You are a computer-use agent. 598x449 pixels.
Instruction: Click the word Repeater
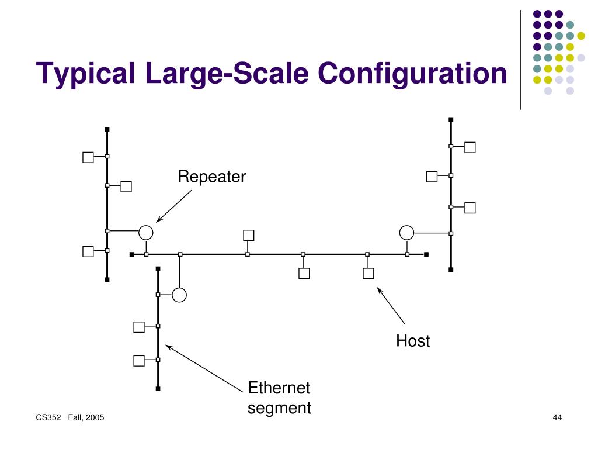click(x=212, y=177)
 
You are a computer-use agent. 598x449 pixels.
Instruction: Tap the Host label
click(x=413, y=341)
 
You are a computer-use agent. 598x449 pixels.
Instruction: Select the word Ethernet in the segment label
click(x=279, y=388)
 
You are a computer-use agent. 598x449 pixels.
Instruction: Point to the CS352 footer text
click(x=48, y=417)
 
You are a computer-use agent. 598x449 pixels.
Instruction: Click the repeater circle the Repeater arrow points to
click(x=146, y=233)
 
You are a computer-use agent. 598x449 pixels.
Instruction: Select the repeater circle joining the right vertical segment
click(x=406, y=233)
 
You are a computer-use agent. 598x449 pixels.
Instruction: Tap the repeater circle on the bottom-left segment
click(x=179, y=295)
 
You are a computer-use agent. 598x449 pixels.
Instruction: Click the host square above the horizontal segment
click(x=249, y=235)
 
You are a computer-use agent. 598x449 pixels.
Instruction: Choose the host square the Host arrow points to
click(x=368, y=273)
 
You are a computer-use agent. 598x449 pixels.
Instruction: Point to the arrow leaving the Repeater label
click(x=174, y=206)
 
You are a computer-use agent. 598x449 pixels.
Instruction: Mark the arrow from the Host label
click(x=391, y=305)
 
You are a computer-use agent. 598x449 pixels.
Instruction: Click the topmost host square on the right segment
click(x=470, y=147)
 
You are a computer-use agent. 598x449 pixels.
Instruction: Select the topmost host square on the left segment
click(x=88, y=157)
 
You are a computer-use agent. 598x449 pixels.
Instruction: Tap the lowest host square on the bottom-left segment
click(x=139, y=360)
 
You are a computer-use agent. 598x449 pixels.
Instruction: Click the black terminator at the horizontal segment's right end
click(x=426, y=254)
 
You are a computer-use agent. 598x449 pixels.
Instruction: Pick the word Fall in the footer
click(x=75, y=417)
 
